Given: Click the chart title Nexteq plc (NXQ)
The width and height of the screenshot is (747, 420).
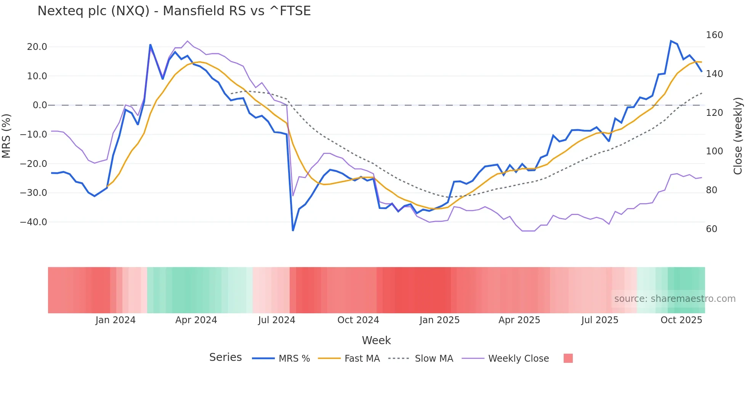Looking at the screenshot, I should [174, 11].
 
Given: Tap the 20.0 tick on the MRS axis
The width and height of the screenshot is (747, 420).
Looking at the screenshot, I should [37, 47].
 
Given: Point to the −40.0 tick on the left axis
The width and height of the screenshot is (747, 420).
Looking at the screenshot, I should [34, 222].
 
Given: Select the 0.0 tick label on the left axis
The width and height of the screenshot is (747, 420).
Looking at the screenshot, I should [40, 105].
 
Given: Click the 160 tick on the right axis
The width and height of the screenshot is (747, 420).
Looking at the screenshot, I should [714, 35].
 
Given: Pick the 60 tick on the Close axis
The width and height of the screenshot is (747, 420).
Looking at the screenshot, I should [712, 229].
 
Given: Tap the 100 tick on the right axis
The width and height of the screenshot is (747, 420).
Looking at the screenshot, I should [714, 151].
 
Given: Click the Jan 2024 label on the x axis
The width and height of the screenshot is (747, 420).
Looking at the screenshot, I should [115, 320].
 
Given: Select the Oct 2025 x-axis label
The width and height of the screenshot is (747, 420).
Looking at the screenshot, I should [681, 320].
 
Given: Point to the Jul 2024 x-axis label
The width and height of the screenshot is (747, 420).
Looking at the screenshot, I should [277, 320].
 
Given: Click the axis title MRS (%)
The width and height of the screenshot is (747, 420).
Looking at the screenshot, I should [6, 136].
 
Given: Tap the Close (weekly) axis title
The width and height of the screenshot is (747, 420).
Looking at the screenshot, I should [738, 136].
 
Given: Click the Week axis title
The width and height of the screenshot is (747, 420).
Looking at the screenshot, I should [376, 340].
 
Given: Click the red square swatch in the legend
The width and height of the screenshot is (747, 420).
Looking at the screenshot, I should [568, 358].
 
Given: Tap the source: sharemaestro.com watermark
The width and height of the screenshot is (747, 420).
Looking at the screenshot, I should [675, 299].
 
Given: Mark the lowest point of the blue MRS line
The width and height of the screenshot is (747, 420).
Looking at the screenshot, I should [293, 231].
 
